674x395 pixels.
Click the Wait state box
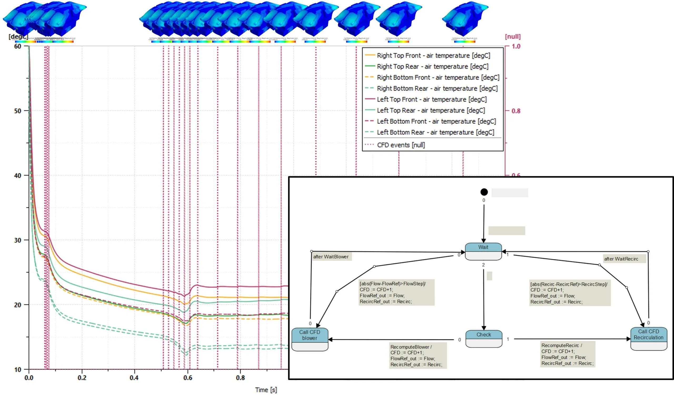[483, 251]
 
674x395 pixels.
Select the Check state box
[484, 339]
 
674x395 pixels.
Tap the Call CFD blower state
[310, 339]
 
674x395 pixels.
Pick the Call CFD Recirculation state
[648, 338]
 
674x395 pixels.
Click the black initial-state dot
[484, 192]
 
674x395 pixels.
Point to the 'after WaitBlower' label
[331, 257]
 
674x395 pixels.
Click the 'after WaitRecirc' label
[621, 259]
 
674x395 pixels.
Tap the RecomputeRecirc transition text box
[567, 354]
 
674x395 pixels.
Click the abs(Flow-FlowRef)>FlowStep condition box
[396, 292]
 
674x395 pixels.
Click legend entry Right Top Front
[433, 55]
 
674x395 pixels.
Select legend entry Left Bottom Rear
[435, 133]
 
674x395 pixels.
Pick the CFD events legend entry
[401, 145]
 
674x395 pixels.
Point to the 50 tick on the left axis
[18, 111]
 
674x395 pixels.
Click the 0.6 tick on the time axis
[188, 378]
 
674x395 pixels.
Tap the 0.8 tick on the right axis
[516, 111]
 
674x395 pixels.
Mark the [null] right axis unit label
[513, 37]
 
